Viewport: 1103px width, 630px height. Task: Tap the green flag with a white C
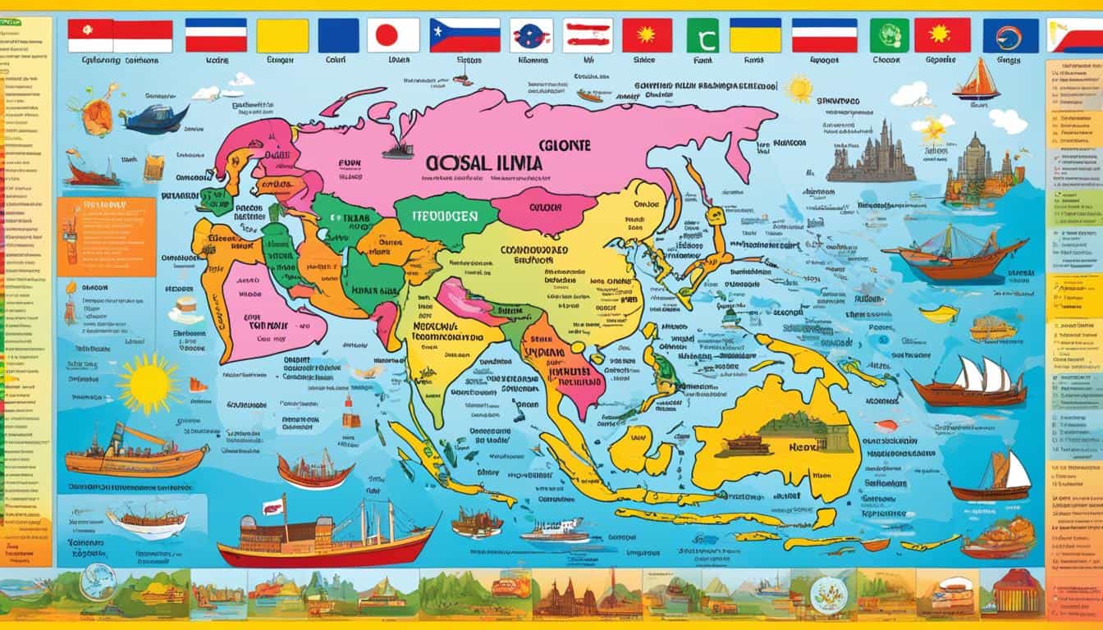702,35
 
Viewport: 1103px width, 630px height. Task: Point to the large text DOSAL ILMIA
485,163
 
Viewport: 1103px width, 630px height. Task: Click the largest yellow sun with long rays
149,384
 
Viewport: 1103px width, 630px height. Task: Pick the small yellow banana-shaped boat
939,313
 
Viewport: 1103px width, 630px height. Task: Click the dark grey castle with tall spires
871,155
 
